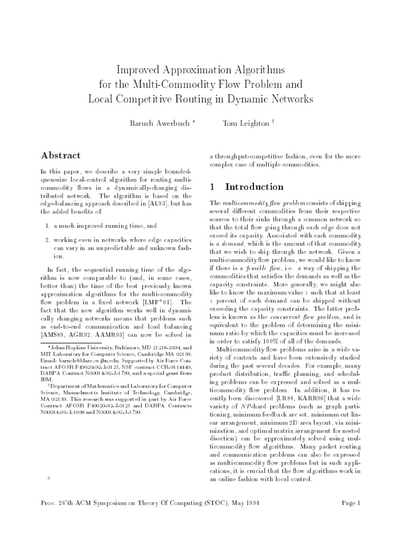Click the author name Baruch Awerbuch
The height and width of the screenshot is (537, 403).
(156, 123)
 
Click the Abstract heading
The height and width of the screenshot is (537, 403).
(61, 156)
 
